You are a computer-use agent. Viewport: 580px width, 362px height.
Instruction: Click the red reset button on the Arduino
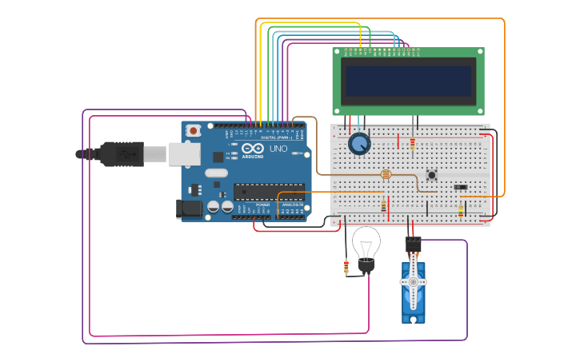[194, 129]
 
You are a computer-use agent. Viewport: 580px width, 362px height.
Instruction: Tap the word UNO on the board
[278, 149]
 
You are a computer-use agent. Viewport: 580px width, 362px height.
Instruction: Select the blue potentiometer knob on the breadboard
[360, 144]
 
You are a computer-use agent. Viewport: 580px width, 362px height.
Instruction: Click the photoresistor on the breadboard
[386, 173]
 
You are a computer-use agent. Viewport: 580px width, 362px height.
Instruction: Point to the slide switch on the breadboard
[461, 188]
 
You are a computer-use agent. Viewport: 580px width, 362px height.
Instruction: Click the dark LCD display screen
[408, 81]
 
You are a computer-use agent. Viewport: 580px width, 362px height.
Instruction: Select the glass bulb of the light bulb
[366, 242]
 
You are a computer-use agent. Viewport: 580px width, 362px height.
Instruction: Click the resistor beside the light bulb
[346, 267]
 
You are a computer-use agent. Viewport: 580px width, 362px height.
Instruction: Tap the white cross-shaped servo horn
[413, 282]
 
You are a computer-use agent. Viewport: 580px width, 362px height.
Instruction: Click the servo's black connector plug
[413, 243]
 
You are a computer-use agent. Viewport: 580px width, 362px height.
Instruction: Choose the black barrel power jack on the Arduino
[188, 209]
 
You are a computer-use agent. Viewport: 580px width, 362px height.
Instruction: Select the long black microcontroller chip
[269, 191]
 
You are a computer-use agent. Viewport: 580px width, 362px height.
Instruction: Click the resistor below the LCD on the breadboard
[412, 144]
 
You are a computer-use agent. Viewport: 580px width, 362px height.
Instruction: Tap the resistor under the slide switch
[461, 209]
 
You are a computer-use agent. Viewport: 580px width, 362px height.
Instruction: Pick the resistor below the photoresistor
[383, 205]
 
